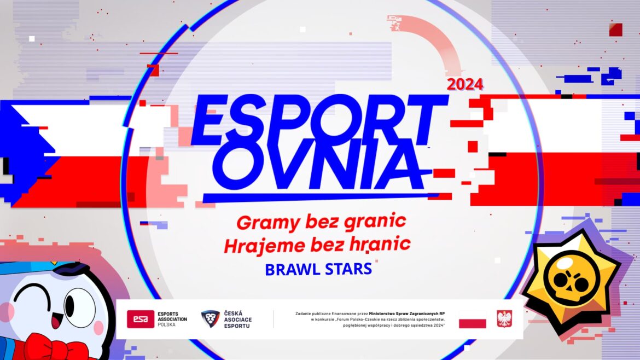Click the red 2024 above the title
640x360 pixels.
(x=465, y=85)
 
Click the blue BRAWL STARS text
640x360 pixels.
(x=318, y=269)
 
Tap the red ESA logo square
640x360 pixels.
(x=141, y=319)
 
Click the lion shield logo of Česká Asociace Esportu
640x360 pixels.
(x=211, y=319)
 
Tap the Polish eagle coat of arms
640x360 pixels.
(x=504, y=318)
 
